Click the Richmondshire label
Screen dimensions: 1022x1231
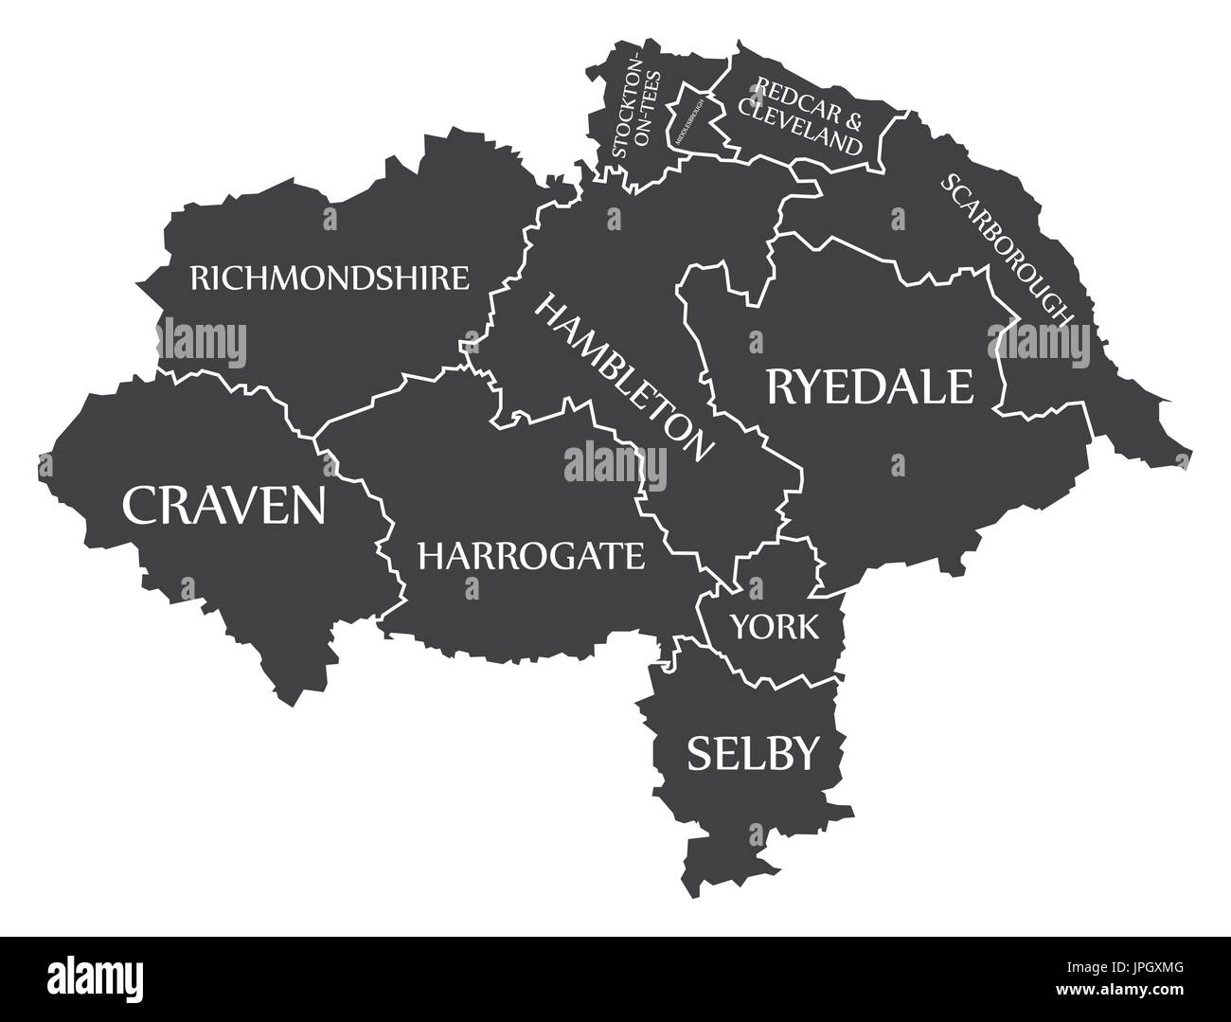point(330,278)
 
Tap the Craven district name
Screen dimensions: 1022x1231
point(224,504)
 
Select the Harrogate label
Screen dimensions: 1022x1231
point(530,555)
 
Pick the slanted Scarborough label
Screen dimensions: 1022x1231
point(1008,248)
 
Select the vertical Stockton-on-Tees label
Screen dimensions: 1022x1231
point(632,106)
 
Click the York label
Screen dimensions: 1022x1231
point(774,626)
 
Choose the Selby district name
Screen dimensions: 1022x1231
point(751,754)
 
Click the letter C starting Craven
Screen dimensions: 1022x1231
point(139,504)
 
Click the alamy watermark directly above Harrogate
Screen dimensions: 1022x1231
point(615,464)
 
